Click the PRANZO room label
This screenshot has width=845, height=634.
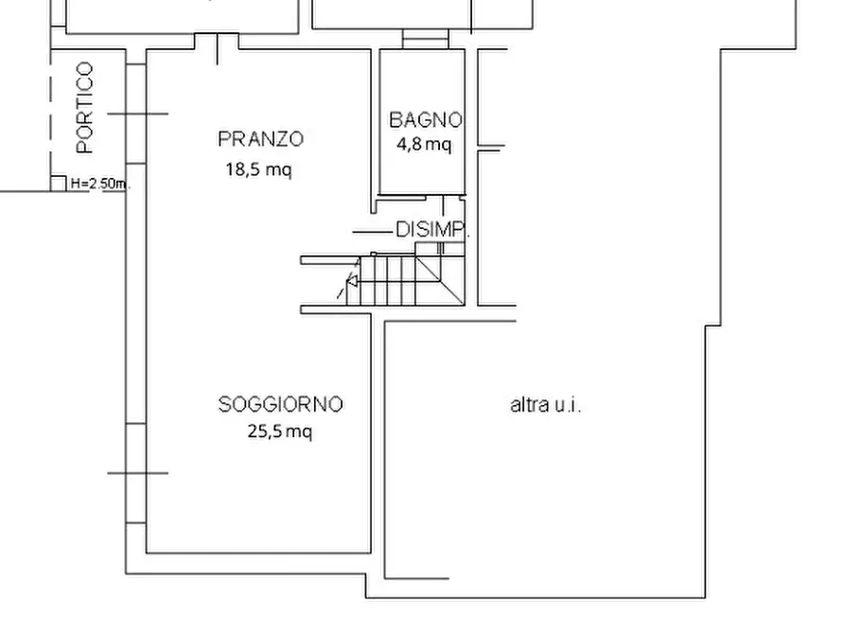(x=260, y=139)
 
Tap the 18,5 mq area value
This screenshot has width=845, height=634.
(x=257, y=170)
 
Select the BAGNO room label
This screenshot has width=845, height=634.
(x=425, y=120)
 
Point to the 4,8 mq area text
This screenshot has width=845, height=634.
(x=424, y=145)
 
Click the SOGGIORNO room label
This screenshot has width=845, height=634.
(x=280, y=405)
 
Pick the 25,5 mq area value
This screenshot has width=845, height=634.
(x=279, y=432)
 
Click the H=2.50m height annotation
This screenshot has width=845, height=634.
(x=99, y=185)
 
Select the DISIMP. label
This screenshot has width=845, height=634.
(x=431, y=230)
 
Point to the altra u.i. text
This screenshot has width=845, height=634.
(x=546, y=406)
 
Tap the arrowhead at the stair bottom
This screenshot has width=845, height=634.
(x=352, y=281)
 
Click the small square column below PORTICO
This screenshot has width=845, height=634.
(x=58, y=184)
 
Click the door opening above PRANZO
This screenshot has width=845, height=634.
(x=218, y=43)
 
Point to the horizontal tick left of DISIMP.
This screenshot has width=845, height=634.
(x=371, y=231)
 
